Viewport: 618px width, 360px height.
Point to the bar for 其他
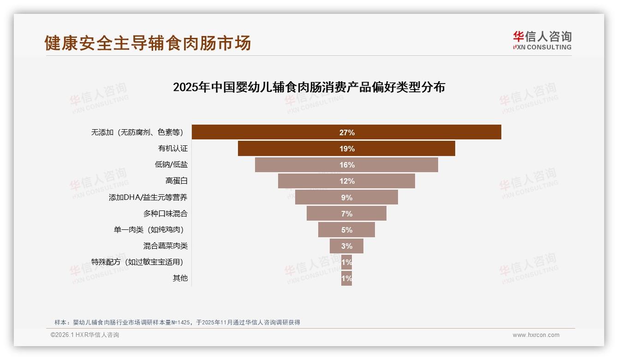346,278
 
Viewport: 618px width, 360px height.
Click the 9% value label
346,198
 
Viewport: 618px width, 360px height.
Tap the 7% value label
346,214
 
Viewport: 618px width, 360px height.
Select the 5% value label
346,230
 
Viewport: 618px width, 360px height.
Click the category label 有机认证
173,149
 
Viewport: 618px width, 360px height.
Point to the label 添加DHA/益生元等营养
148,198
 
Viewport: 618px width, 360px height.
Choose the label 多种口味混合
165,214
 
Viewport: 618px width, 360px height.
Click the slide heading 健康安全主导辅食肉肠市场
148,43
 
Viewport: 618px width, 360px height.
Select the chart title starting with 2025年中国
309,87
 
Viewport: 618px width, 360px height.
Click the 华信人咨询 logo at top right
542,40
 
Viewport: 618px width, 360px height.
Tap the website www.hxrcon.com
536,335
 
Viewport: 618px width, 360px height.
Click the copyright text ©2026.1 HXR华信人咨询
84,335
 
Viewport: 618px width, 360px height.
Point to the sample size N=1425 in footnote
180,323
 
